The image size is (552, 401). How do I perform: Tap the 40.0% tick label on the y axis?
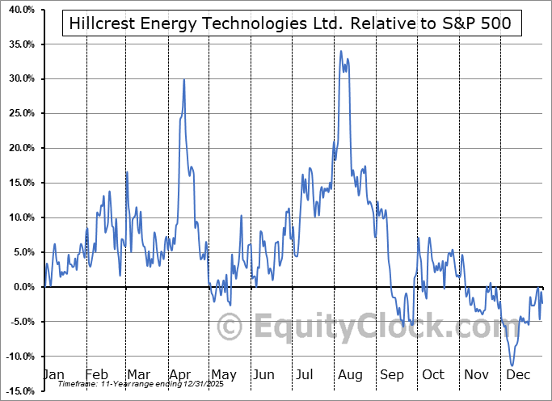tap(19, 10)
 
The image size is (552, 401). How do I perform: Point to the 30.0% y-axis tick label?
tap(19, 79)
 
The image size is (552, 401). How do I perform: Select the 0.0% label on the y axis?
tap(21, 287)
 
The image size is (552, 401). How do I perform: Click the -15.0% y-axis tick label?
tap(19, 391)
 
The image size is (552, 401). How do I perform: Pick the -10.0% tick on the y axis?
tap(19, 357)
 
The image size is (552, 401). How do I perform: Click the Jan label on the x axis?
tap(53, 375)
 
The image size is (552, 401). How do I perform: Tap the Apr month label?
tap(179, 375)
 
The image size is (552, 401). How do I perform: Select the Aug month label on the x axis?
tap(349, 375)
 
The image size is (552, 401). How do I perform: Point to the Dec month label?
tap(517, 375)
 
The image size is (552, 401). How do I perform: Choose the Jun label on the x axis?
tap(263, 375)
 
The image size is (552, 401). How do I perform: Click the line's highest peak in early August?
tap(341, 52)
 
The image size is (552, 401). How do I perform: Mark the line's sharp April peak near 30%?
tap(184, 79)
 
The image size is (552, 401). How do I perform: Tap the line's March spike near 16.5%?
tap(126, 172)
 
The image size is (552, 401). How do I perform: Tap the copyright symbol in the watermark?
tap(230, 327)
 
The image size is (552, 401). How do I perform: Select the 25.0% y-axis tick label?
tap(19, 114)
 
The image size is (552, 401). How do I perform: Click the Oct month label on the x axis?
tap(433, 375)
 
